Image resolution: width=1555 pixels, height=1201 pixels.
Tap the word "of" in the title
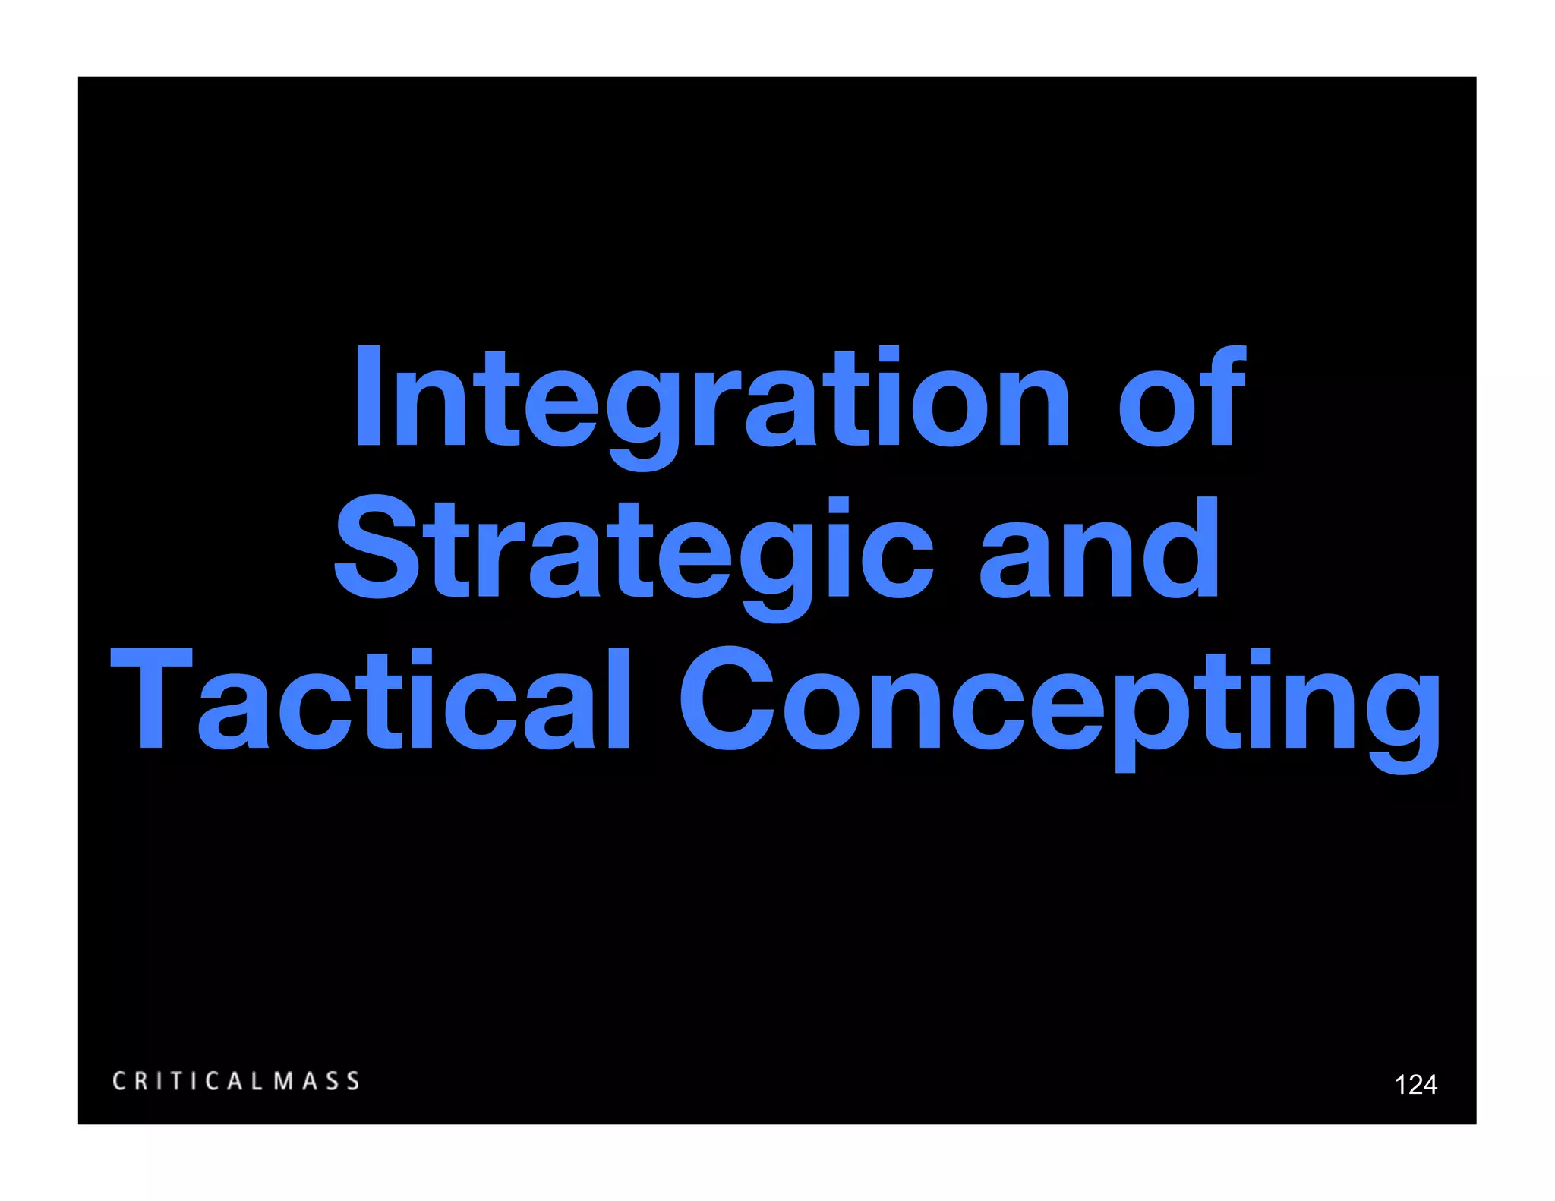tap(1181, 398)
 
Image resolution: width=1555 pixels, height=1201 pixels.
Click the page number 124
tap(1415, 1085)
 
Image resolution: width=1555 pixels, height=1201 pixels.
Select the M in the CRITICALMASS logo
tap(282, 1081)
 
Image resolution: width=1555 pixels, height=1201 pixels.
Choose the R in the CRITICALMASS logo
tap(140, 1081)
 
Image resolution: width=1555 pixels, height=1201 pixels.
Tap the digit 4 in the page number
tap(1428, 1085)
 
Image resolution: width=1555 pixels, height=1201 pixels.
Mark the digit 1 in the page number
tap(1400, 1085)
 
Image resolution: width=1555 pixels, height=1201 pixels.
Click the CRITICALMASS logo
tap(235, 1081)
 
